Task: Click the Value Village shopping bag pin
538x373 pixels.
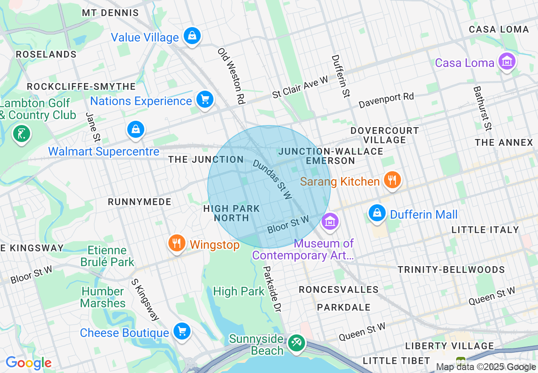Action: coord(192,36)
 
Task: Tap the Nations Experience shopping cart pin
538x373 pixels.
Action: coord(205,100)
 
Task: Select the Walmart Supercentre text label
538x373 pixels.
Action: coord(104,151)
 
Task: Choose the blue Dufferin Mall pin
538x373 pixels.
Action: coord(377,213)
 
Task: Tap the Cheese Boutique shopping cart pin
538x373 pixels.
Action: coord(182,331)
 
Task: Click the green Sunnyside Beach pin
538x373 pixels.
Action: coord(296,342)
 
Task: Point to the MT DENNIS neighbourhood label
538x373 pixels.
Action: coord(110,13)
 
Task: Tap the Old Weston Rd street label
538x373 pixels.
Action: coord(232,76)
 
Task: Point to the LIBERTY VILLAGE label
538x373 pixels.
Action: coord(449,346)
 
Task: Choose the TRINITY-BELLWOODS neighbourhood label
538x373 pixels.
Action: coord(451,270)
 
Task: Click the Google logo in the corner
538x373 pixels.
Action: coord(28,363)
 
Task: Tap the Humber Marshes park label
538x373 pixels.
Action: coord(103,297)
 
